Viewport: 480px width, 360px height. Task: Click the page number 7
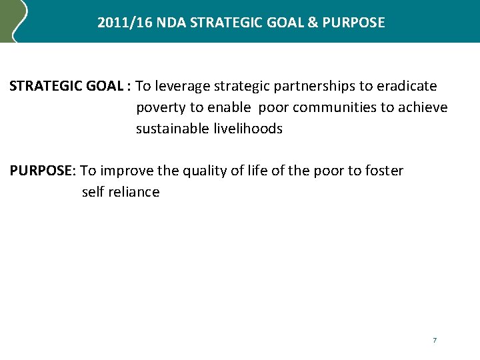(x=435, y=341)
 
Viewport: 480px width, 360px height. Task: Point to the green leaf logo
(x=13, y=20)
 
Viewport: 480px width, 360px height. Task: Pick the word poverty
(x=161, y=108)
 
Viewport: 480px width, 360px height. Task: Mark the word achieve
(x=423, y=108)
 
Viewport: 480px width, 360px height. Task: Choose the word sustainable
(x=171, y=129)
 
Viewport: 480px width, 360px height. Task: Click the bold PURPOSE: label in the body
(x=43, y=171)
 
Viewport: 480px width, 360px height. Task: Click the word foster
(x=384, y=171)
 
